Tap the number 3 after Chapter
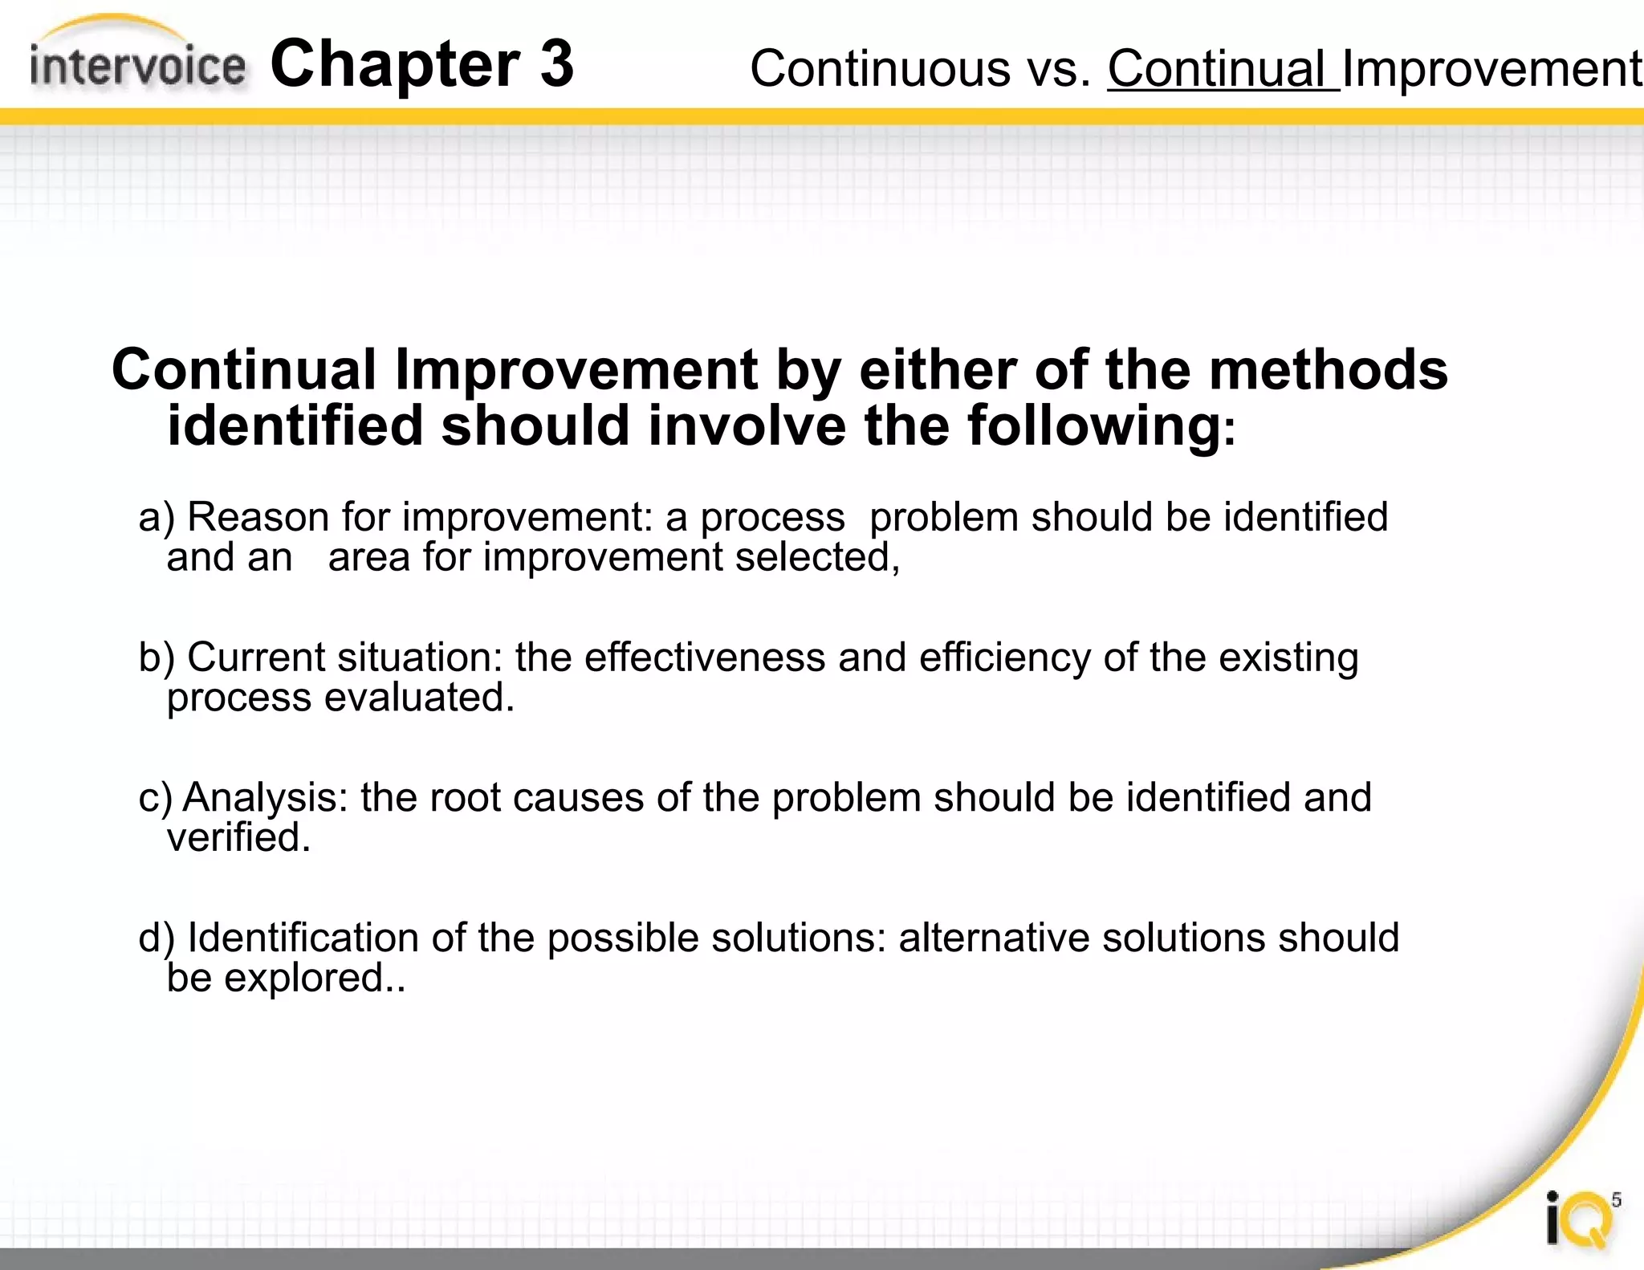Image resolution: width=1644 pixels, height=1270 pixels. (x=556, y=64)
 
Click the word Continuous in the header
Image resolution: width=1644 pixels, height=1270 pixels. (x=881, y=69)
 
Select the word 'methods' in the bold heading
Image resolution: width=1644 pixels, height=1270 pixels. (x=1328, y=370)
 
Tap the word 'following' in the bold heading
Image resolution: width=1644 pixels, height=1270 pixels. (x=1094, y=426)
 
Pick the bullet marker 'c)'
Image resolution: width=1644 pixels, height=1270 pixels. (x=155, y=799)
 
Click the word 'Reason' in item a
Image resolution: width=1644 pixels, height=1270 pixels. (x=258, y=518)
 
